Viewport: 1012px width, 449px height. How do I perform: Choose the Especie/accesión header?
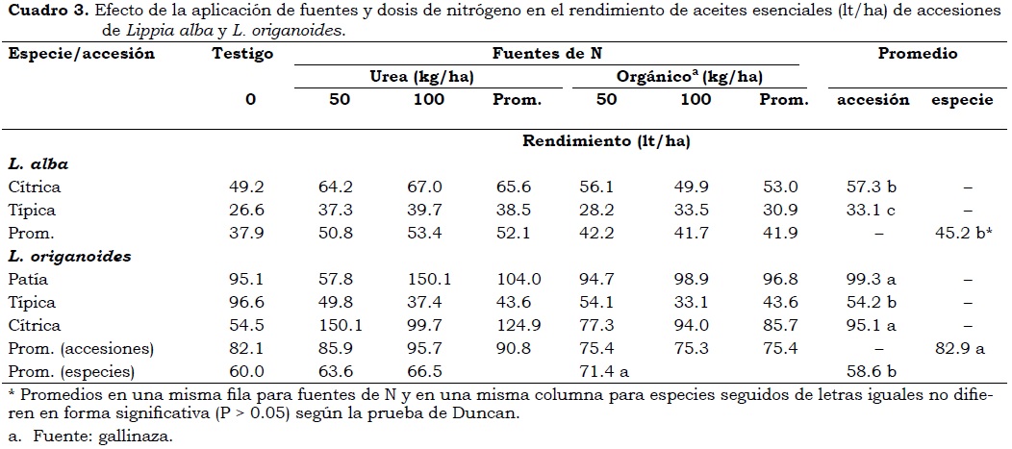click(82, 55)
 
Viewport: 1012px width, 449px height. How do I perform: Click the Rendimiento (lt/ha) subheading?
click(606, 141)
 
